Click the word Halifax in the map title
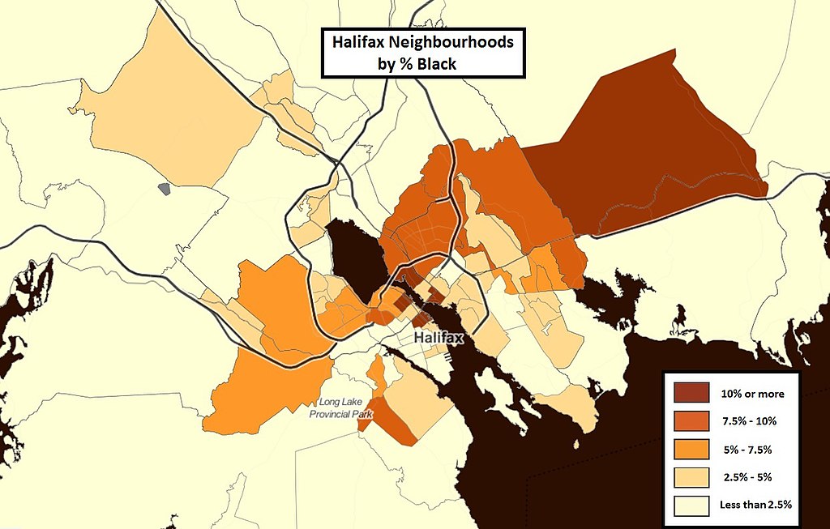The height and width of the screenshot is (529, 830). click(x=356, y=42)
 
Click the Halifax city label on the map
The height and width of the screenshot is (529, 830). click(x=438, y=338)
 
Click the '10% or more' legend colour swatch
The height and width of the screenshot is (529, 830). click(x=691, y=394)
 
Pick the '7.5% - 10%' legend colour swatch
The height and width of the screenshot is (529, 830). click(x=691, y=421)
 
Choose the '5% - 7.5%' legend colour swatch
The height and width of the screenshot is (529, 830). click(x=691, y=449)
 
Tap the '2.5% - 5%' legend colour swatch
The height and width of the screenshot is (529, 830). click(x=691, y=477)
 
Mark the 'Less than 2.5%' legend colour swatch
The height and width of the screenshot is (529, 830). click(x=691, y=506)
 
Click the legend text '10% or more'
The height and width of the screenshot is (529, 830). click(x=752, y=394)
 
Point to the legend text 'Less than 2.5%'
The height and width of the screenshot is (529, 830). click(x=755, y=506)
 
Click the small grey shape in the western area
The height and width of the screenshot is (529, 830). click(x=165, y=189)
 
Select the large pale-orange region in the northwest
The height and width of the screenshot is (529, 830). click(x=178, y=113)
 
